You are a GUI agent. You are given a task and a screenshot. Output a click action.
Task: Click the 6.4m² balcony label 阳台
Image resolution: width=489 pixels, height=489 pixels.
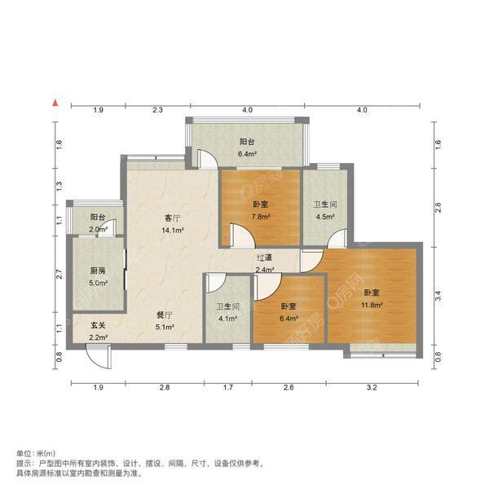point(247,141)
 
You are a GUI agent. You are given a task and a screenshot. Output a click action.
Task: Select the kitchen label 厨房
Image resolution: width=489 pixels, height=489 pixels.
point(98,272)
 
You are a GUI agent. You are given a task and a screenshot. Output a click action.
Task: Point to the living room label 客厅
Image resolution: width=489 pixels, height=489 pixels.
point(171,218)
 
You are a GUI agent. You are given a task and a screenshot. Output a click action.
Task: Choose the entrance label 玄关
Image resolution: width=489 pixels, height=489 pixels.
point(98,325)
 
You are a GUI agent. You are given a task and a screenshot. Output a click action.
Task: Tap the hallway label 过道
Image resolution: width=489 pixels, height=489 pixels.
point(264,258)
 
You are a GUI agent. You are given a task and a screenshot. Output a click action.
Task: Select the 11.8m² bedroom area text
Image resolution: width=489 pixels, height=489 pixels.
point(372,306)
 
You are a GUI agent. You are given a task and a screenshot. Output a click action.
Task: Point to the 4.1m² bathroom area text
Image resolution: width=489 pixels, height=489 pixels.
point(227,319)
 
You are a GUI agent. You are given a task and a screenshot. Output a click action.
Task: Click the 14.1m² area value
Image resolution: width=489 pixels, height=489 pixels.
point(171,230)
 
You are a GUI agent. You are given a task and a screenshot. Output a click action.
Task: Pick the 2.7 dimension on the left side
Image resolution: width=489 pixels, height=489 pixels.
point(59,275)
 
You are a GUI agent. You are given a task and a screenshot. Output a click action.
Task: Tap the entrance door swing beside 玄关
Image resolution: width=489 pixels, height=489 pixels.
point(96,357)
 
